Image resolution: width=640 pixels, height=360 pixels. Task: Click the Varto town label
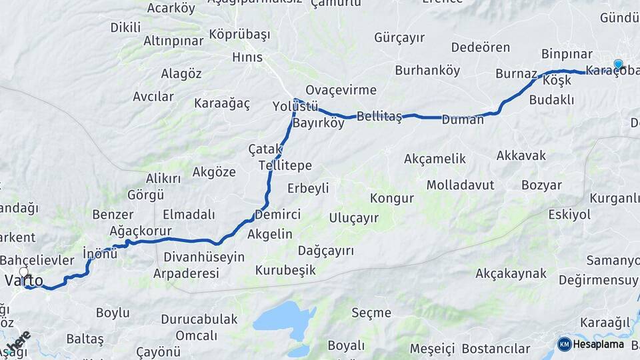tap(24, 281)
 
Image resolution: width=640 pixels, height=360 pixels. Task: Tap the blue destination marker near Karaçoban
tap(618, 65)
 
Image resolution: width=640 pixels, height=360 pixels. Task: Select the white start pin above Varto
tap(25, 272)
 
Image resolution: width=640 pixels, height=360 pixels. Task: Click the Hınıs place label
tap(247, 57)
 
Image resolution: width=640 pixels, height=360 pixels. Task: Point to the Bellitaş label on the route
tap(379, 117)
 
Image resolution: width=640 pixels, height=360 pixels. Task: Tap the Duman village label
tap(462, 120)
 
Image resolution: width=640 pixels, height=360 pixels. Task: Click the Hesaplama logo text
tap(599, 344)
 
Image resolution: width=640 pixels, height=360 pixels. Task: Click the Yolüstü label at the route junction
tap(295, 107)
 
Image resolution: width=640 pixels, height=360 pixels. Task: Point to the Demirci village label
tap(277, 215)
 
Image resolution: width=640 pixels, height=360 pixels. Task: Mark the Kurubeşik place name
tap(285, 271)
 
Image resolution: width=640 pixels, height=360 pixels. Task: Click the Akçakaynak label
tap(511, 273)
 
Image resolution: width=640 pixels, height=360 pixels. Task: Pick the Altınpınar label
tap(173, 41)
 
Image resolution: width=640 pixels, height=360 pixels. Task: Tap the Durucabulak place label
tap(199, 319)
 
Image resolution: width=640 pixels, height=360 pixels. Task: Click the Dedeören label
tap(481, 47)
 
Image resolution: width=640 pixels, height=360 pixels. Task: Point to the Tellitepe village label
tap(285, 165)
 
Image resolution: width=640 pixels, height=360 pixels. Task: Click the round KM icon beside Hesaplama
tap(564, 344)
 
